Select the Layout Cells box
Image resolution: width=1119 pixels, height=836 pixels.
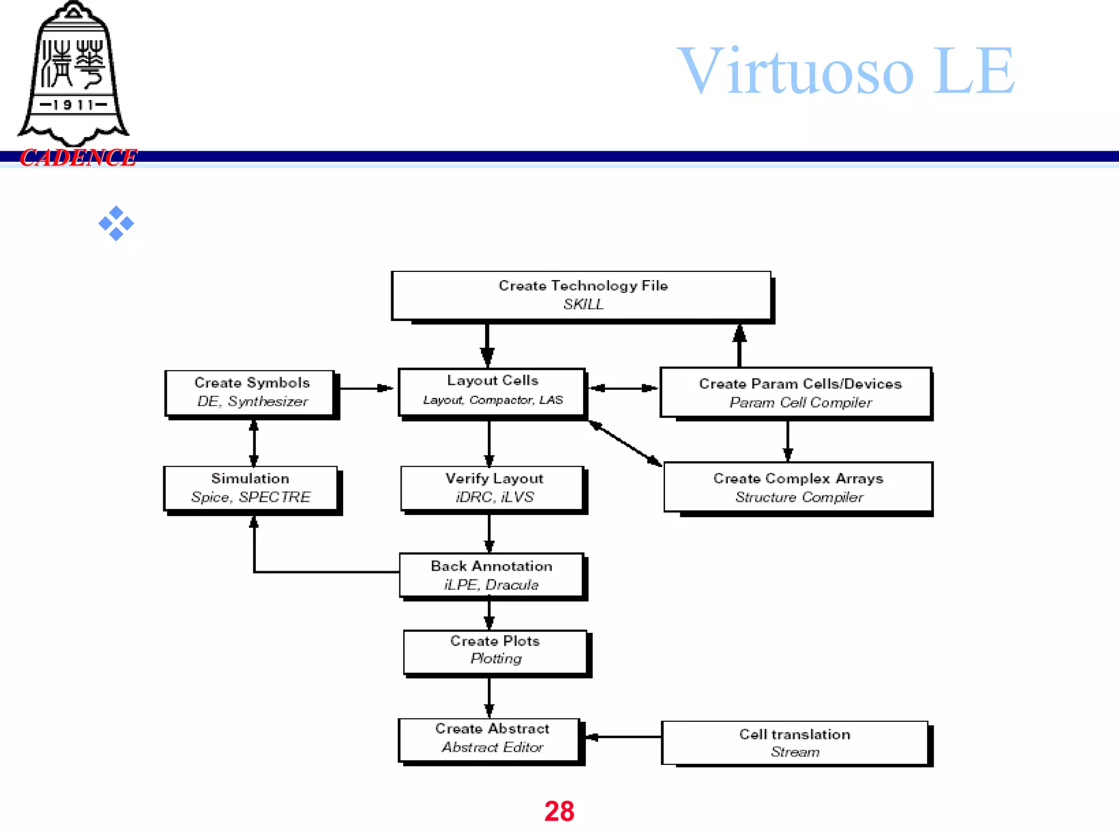pyautogui.click(x=492, y=392)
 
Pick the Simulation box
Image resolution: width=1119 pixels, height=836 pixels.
pyautogui.click(x=250, y=488)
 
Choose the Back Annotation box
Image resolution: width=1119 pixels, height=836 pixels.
pyautogui.click(x=491, y=575)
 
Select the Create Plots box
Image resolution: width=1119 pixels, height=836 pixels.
pyautogui.click(x=494, y=651)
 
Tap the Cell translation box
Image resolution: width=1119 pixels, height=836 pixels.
pyautogui.click(x=794, y=743)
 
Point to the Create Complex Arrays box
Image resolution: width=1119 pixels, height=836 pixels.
pyautogui.click(x=798, y=487)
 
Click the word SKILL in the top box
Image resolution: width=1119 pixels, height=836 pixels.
pyautogui.click(x=584, y=305)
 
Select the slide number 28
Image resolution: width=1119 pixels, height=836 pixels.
pyautogui.click(x=559, y=811)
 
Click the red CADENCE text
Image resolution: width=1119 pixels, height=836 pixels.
pyautogui.click(x=78, y=158)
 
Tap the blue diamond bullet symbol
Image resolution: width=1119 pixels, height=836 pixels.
pyautogui.click(x=116, y=223)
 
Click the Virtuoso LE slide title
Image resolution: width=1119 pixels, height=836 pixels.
pyautogui.click(x=845, y=71)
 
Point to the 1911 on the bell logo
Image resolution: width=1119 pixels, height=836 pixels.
pyautogui.click(x=73, y=104)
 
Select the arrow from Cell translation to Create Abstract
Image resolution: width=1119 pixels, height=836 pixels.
pyautogui.click(x=623, y=737)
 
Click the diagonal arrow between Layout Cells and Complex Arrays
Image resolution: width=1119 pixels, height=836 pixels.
pyautogui.click(x=625, y=443)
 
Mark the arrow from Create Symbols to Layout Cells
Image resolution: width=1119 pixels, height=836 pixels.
pyautogui.click(x=365, y=388)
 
